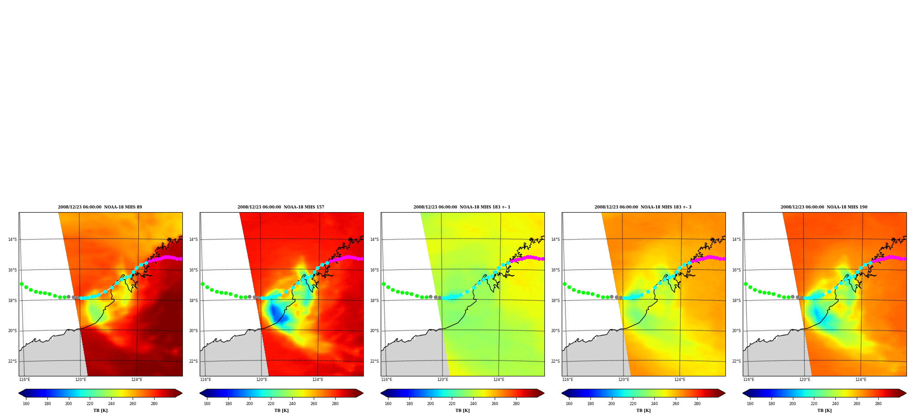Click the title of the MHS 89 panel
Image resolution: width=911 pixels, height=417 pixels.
(x=100, y=207)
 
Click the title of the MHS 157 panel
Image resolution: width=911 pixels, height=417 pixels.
(x=281, y=207)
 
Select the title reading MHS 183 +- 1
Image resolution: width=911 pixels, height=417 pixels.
(x=462, y=207)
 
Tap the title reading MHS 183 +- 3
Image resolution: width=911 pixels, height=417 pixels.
(x=643, y=207)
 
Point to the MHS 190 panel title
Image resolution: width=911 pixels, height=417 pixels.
(x=824, y=207)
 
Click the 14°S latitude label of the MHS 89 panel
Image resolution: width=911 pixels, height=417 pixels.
(x=12, y=240)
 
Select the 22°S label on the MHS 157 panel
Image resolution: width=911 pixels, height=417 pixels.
(x=193, y=361)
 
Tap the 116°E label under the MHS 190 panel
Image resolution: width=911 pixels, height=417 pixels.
(x=749, y=380)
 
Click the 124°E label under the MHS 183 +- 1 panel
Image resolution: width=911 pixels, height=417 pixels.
(x=499, y=380)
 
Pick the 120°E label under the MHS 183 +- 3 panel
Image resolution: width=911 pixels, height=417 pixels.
(x=624, y=380)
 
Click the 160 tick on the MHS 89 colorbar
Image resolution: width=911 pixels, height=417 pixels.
(x=26, y=404)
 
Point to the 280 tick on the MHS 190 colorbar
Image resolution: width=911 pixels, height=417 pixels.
(x=878, y=404)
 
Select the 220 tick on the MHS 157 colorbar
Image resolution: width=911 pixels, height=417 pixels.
(x=271, y=404)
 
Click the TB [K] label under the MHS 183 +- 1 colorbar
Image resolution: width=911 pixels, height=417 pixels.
(x=462, y=411)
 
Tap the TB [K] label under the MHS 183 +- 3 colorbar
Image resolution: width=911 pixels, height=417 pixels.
(x=643, y=411)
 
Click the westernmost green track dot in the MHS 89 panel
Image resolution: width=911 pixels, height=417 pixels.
(x=21, y=284)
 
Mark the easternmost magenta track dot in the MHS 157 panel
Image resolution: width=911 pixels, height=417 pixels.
(x=362, y=259)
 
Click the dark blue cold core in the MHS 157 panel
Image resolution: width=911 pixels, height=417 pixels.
(x=276, y=314)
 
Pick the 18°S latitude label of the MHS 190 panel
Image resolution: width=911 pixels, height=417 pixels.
(x=736, y=301)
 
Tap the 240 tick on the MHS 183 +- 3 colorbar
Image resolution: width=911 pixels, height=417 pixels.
(x=654, y=404)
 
